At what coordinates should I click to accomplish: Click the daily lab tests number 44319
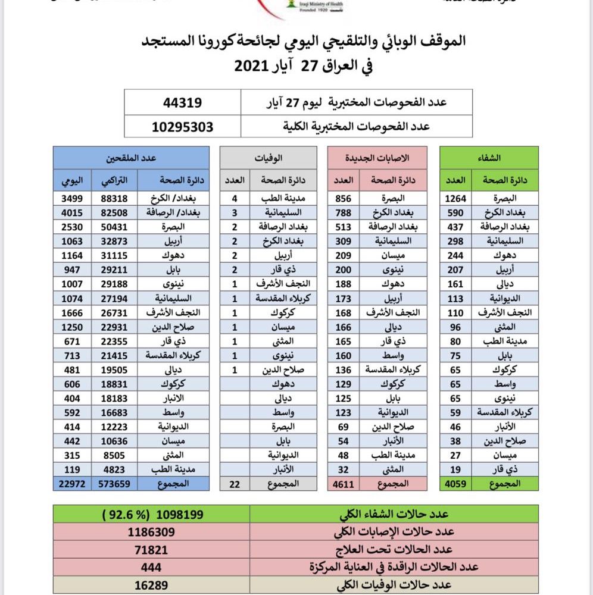182,102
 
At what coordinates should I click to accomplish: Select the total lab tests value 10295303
182,126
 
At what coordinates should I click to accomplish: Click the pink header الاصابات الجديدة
378,158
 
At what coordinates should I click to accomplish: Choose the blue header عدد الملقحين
131,158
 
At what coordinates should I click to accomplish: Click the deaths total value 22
234,484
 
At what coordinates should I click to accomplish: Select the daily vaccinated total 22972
70,484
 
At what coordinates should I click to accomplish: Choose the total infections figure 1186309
151,531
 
